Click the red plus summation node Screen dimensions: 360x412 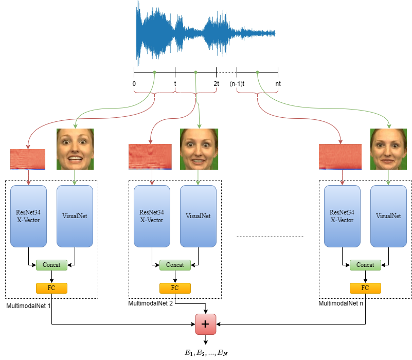click(206, 325)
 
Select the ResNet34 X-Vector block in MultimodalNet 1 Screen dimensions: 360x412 click(28, 217)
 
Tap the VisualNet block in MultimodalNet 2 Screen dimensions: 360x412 click(198, 217)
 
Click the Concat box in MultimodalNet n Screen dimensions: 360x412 click(365, 265)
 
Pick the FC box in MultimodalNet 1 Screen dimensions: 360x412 click(51, 287)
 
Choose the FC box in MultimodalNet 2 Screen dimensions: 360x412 click(175, 287)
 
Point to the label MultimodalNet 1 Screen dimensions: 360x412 click(29, 306)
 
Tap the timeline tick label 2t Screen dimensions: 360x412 click(217, 83)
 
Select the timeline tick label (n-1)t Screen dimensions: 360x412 click(237, 83)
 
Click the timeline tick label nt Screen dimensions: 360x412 click(278, 83)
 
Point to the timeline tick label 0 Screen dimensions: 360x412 click(134, 83)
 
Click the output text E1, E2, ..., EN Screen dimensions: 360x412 click(206, 352)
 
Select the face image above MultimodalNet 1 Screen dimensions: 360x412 click(75, 149)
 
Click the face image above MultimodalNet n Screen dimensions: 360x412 click(388, 149)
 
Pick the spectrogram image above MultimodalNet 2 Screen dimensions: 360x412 click(150, 156)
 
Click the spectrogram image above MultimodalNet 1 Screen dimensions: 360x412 click(28, 159)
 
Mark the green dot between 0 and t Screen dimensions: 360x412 click(154, 73)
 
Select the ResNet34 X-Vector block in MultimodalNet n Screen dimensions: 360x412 click(342, 217)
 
